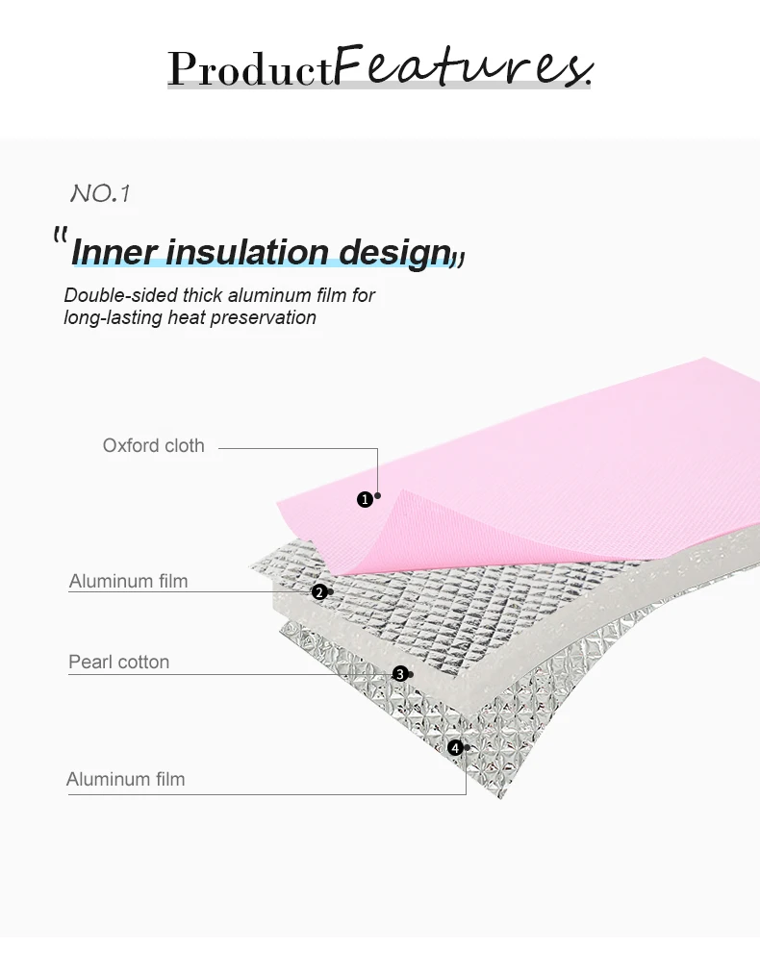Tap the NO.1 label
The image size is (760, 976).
(x=100, y=193)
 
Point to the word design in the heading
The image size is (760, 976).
(x=395, y=252)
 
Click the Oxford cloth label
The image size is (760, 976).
(x=154, y=445)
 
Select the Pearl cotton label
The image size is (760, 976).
(x=118, y=662)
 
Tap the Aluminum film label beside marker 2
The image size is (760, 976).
(x=128, y=581)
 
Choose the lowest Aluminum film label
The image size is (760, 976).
(x=125, y=779)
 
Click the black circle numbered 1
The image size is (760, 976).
(x=365, y=499)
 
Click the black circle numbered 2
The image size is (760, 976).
(x=318, y=592)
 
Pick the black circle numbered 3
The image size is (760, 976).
(x=399, y=674)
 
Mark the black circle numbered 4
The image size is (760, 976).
(x=455, y=747)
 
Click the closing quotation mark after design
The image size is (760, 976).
(x=459, y=258)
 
